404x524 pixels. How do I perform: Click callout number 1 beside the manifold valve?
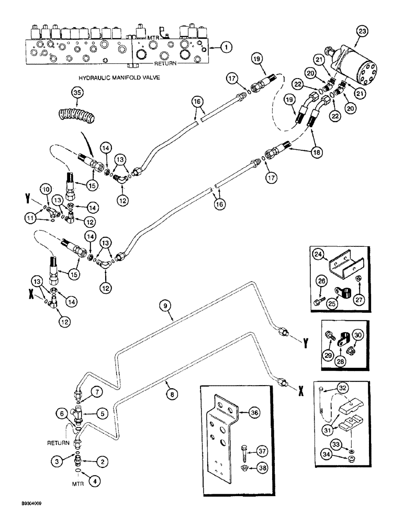[226, 48]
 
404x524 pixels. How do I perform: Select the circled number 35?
[77, 93]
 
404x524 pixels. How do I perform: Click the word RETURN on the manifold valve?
[169, 63]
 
